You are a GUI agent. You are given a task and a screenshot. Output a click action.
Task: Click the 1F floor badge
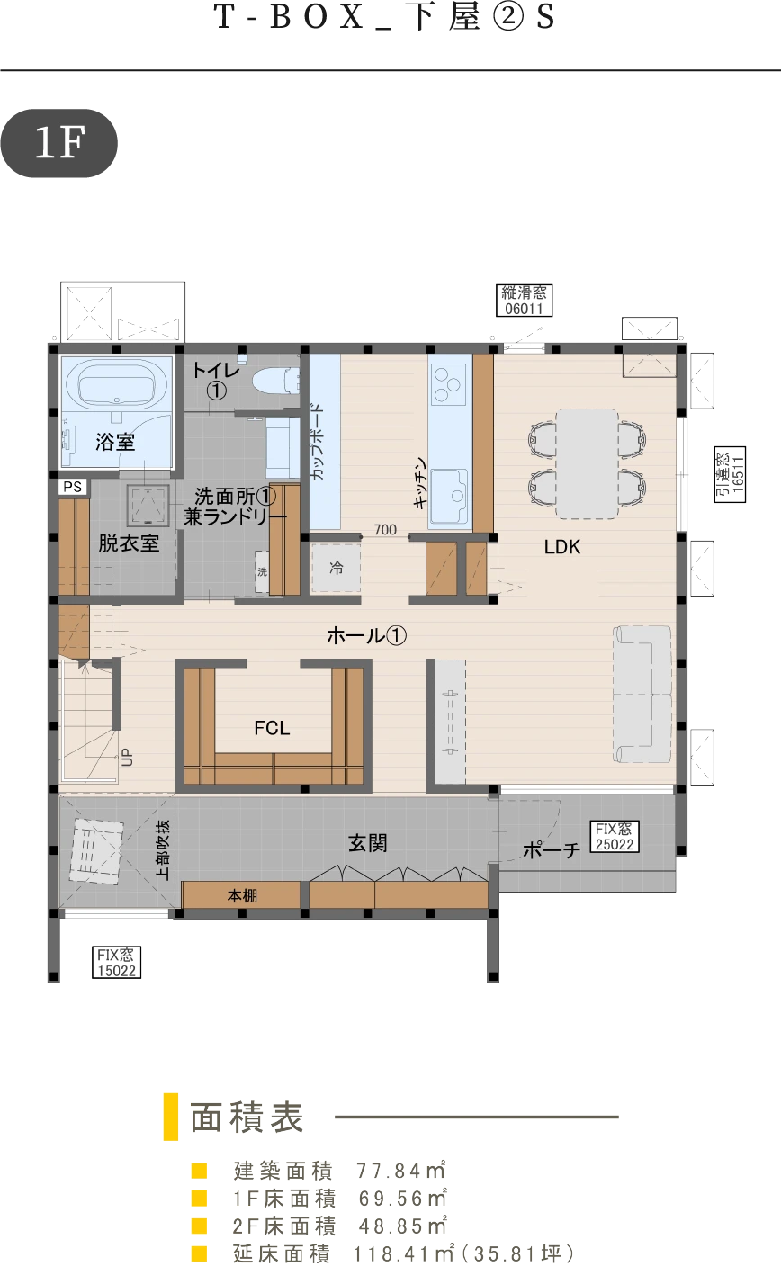[x=59, y=143]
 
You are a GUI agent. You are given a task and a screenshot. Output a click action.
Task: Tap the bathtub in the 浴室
[x=117, y=384]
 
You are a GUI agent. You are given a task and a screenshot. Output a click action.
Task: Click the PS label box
[x=74, y=487]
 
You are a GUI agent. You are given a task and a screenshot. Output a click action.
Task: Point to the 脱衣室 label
[x=129, y=543]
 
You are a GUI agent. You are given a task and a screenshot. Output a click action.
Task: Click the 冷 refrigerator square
[x=336, y=568]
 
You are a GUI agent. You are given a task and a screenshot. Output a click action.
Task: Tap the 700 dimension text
[x=385, y=529]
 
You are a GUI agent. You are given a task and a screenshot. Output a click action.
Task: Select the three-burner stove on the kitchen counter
[x=449, y=385]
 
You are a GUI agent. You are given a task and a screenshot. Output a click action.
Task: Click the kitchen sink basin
[x=449, y=497]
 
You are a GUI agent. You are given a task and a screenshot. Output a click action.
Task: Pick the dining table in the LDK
[x=587, y=463]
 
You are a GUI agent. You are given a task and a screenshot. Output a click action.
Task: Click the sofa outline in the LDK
[x=642, y=694]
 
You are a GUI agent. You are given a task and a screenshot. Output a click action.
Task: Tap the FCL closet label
[x=272, y=727]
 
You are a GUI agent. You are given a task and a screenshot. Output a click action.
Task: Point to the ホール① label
[x=366, y=635]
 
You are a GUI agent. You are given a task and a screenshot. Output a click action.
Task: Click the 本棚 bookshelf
[x=241, y=895]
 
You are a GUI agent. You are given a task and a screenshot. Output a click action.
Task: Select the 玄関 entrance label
[x=368, y=843]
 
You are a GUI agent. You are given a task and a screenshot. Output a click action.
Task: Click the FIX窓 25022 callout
[x=615, y=837]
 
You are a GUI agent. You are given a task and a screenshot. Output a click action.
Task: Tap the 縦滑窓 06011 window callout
[x=525, y=301]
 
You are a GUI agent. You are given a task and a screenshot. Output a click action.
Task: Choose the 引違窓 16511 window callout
[x=731, y=474]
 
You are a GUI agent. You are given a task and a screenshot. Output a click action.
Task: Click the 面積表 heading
[x=246, y=1118]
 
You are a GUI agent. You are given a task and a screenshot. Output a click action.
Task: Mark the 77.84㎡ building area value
[x=401, y=1171]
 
